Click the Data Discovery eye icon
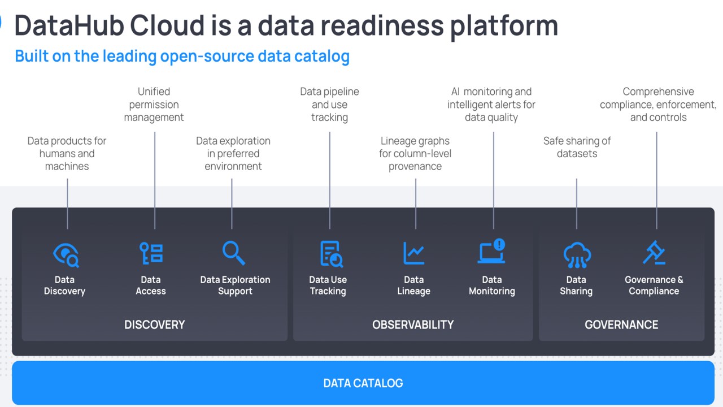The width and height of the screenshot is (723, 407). pos(66,254)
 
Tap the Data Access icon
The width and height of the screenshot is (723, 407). pos(151,253)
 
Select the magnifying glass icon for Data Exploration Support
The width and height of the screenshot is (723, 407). pos(233,253)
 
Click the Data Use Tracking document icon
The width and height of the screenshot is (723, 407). pos(331,253)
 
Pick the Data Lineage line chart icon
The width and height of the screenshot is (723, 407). pos(414,253)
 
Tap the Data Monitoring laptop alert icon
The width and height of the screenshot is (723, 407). pos(492,252)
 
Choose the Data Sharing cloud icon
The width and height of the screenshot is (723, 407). pos(577,254)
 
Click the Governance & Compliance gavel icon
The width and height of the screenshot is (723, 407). pos(654,253)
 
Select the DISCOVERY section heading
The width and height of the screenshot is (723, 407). pos(154,324)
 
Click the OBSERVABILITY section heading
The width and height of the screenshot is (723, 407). pos(413,324)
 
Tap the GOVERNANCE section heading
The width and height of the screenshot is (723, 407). pos(621,324)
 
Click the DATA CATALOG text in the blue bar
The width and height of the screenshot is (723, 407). pos(363,383)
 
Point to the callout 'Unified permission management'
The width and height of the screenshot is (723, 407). pos(154,105)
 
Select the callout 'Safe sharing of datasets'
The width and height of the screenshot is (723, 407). pos(577,147)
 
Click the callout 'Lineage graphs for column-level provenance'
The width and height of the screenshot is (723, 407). pos(415,153)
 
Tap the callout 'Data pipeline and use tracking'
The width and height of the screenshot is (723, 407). pos(329,105)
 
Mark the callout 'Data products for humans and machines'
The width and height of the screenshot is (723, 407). pos(67,153)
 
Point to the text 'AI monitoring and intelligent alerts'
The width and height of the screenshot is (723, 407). pos(491,98)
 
